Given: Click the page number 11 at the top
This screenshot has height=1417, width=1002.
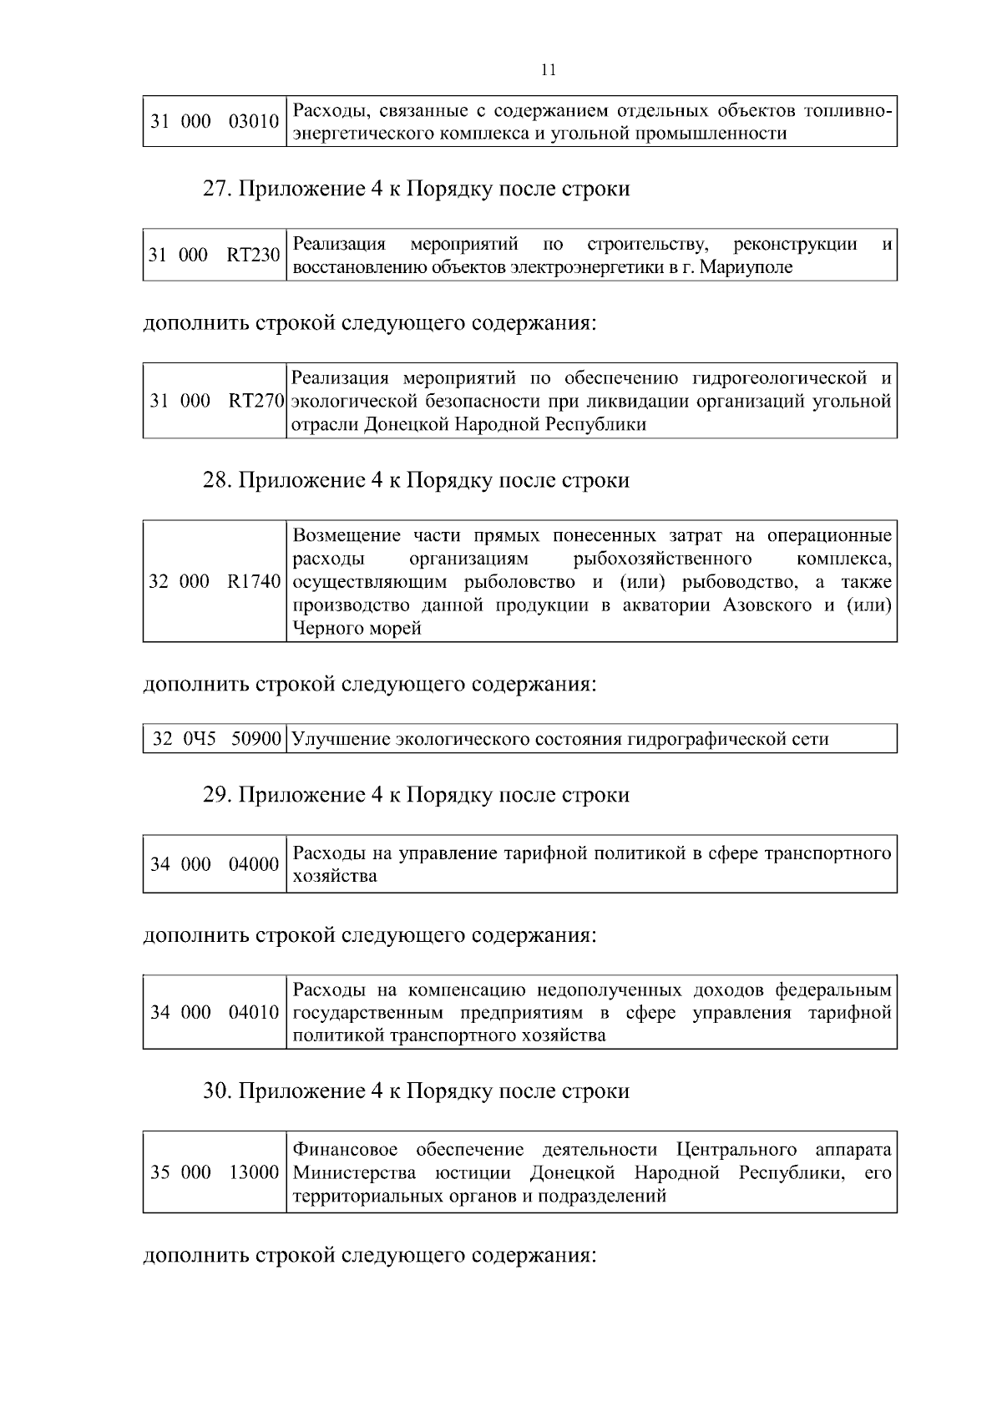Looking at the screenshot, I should (549, 70).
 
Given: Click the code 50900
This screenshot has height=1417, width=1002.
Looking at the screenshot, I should (256, 739).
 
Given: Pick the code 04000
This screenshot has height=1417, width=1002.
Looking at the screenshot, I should (254, 864).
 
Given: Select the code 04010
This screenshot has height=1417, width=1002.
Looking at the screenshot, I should (254, 1013).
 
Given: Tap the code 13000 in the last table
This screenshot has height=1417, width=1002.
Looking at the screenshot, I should (254, 1172).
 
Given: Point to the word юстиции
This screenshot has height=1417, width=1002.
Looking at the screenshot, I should (474, 1172).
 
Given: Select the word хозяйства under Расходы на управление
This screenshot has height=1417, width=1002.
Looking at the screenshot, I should (335, 877).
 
